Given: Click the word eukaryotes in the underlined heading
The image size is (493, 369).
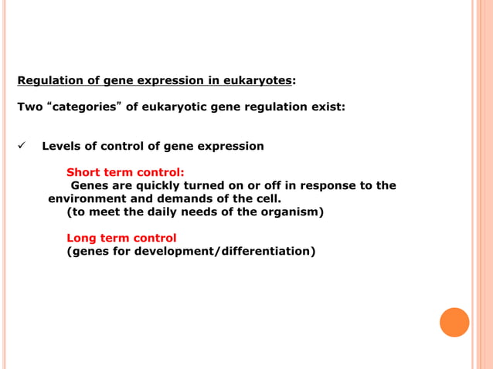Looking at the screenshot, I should click(x=257, y=80).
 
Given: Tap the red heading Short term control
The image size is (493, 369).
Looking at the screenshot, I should click(x=125, y=172).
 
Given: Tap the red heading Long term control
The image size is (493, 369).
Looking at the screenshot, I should click(x=121, y=238).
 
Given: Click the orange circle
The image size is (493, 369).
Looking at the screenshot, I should click(x=454, y=322).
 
